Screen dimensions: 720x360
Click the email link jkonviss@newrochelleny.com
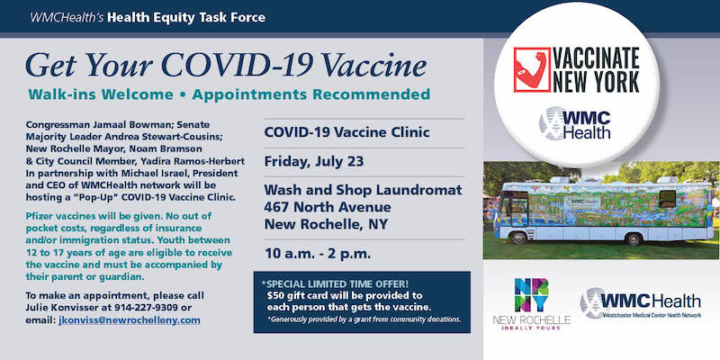click(130, 320)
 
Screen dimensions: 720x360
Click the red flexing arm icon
click(532, 69)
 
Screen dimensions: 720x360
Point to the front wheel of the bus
click(519, 238)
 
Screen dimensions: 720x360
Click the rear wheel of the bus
click(634, 238)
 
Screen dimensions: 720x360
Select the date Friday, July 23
click(313, 162)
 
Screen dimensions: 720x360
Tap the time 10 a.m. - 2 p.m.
click(318, 254)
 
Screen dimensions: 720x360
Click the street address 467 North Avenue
click(328, 207)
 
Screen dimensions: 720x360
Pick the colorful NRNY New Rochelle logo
click(531, 304)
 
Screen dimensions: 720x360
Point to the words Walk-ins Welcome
click(101, 94)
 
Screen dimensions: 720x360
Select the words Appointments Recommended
click(310, 94)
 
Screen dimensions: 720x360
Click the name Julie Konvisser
click(58, 307)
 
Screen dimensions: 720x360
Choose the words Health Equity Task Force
click(186, 18)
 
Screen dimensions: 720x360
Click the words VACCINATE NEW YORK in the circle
click(596, 69)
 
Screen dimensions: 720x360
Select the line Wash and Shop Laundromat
click(363, 190)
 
